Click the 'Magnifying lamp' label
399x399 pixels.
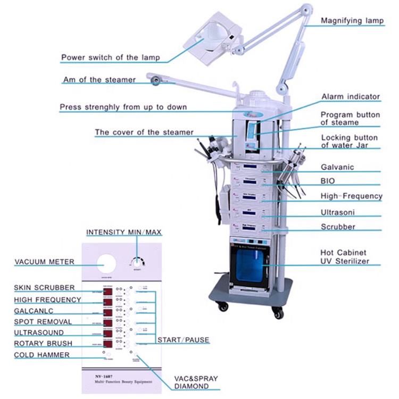[352, 21]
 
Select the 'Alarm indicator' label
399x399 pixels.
[351, 97]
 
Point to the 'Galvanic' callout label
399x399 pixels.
[337, 167]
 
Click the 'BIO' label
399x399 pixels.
[328, 181]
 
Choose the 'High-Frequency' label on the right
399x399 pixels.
[351, 196]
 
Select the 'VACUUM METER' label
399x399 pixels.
[45, 262]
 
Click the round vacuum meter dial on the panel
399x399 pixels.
[105, 265]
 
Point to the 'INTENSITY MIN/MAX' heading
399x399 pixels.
[123, 232]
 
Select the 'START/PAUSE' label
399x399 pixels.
[183, 340]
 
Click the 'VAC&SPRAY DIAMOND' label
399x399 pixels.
[196, 383]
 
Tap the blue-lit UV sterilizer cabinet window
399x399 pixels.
[250, 264]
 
